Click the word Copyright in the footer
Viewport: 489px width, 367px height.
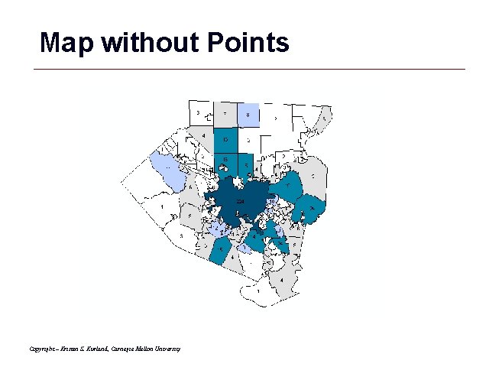tap(43, 349)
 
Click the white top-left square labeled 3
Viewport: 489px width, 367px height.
tap(199, 112)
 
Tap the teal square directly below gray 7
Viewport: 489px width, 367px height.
tap(225, 139)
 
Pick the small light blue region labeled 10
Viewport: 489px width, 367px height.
tap(271, 201)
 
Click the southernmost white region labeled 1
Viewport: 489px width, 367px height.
tap(260, 291)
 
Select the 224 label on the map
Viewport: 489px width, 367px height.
tap(240, 200)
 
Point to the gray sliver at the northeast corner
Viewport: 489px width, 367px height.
tap(324, 118)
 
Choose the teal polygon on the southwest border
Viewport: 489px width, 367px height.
tap(221, 249)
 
